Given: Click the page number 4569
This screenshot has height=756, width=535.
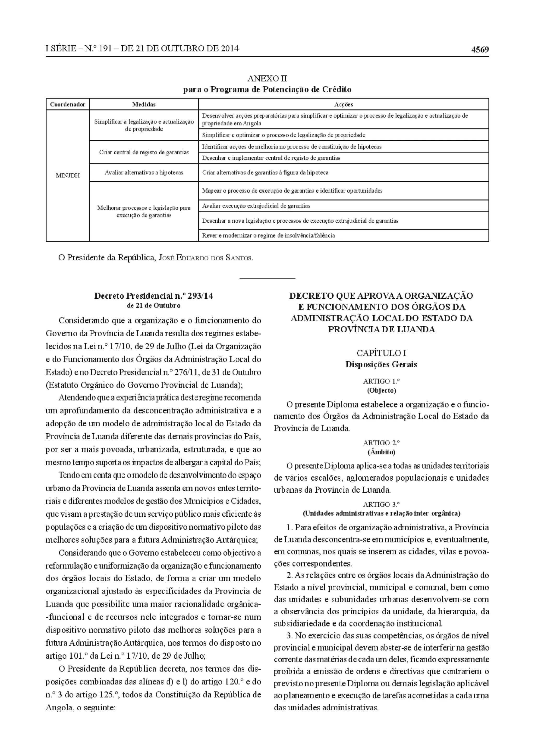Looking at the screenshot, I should (480, 50).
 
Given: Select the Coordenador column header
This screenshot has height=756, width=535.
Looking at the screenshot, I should (68, 104).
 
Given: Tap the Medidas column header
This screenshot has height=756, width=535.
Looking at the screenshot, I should (144, 104).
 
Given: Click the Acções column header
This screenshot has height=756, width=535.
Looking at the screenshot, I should (343, 104).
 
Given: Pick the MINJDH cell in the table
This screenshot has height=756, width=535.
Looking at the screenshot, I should (68, 175).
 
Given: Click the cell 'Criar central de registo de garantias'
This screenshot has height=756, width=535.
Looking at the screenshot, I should (144, 152).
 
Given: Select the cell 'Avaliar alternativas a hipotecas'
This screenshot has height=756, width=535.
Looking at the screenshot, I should (144, 173).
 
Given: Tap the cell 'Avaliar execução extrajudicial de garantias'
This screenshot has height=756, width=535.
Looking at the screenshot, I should (256, 206).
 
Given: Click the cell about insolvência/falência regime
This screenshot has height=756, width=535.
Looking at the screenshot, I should (268, 235).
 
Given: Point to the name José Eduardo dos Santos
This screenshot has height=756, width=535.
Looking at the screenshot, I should (206, 258).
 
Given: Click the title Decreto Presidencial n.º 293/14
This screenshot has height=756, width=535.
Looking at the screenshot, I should (154, 296).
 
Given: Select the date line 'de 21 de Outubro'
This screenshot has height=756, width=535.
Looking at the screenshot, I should (154, 306).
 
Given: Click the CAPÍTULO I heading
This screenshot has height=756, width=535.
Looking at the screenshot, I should (381, 353).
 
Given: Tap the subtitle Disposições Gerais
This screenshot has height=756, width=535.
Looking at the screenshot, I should (381, 364).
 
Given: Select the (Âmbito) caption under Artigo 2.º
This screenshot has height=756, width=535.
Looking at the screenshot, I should (381, 452).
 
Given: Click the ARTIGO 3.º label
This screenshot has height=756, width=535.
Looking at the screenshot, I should (381, 504).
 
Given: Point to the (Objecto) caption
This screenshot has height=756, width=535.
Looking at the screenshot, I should (381, 391).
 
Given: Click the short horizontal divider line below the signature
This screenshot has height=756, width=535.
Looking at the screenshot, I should (267, 279).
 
